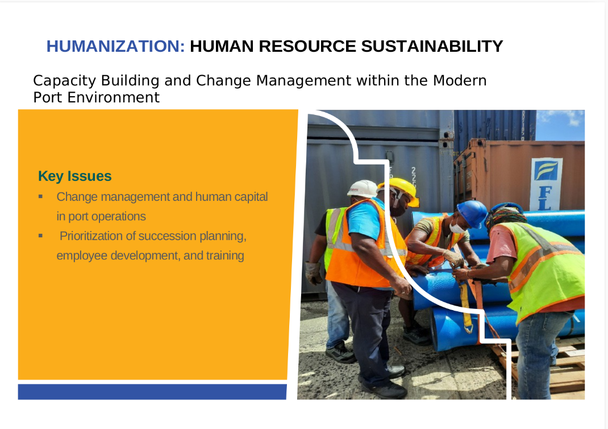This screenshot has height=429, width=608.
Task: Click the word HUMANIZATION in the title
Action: coord(115,46)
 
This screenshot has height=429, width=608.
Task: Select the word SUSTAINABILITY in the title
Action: coord(432,46)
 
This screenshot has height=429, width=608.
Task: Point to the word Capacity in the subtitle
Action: coord(64,81)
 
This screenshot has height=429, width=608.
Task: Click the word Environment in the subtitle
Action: coord(114,97)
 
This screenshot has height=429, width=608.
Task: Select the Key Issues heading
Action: coord(75,176)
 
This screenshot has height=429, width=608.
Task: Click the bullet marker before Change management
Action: coord(41,196)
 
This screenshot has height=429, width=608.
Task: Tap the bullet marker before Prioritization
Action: coord(41,236)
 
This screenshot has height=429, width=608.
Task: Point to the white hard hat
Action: coord(363,188)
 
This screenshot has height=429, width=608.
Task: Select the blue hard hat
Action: coord(472,213)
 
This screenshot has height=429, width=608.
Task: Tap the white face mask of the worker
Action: coord(457,228)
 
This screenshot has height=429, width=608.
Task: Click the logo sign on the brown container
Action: coord(545,184)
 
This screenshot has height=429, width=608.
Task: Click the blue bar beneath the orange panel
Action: coord(152,391)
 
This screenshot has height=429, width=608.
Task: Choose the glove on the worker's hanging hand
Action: coord(313,273)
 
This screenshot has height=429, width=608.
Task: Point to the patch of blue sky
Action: coord(560,125)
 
